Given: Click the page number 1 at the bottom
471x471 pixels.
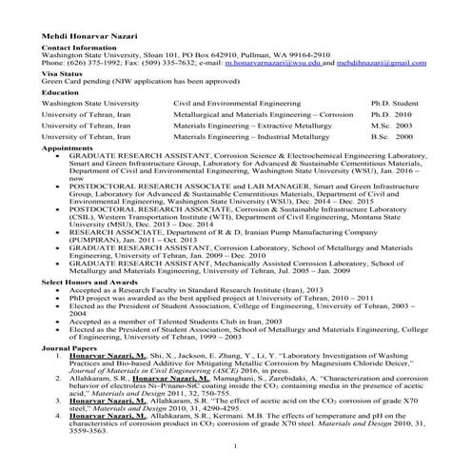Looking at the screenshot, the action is (x=235, y=446).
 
